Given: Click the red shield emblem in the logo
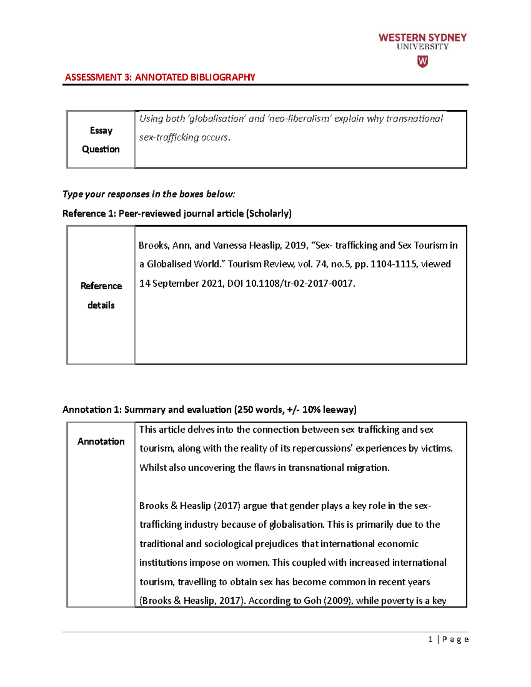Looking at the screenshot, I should (x=423, y=61).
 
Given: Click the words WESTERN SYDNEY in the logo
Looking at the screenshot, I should (x=423, y=38).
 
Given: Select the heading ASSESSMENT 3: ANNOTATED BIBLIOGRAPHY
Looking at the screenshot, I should (x=160, y=77).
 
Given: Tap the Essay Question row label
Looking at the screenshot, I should (x=101, y=140).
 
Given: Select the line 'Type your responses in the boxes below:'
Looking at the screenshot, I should (x=149, y=194).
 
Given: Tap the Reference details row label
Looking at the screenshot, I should (x=101, y=296).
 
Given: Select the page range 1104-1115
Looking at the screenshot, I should (x=393, y=264).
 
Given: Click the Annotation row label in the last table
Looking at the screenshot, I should (x=101, y=441).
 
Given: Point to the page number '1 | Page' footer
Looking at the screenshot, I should (x=448, y=640).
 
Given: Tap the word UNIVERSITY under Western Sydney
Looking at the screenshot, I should (x=423, y=47).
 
